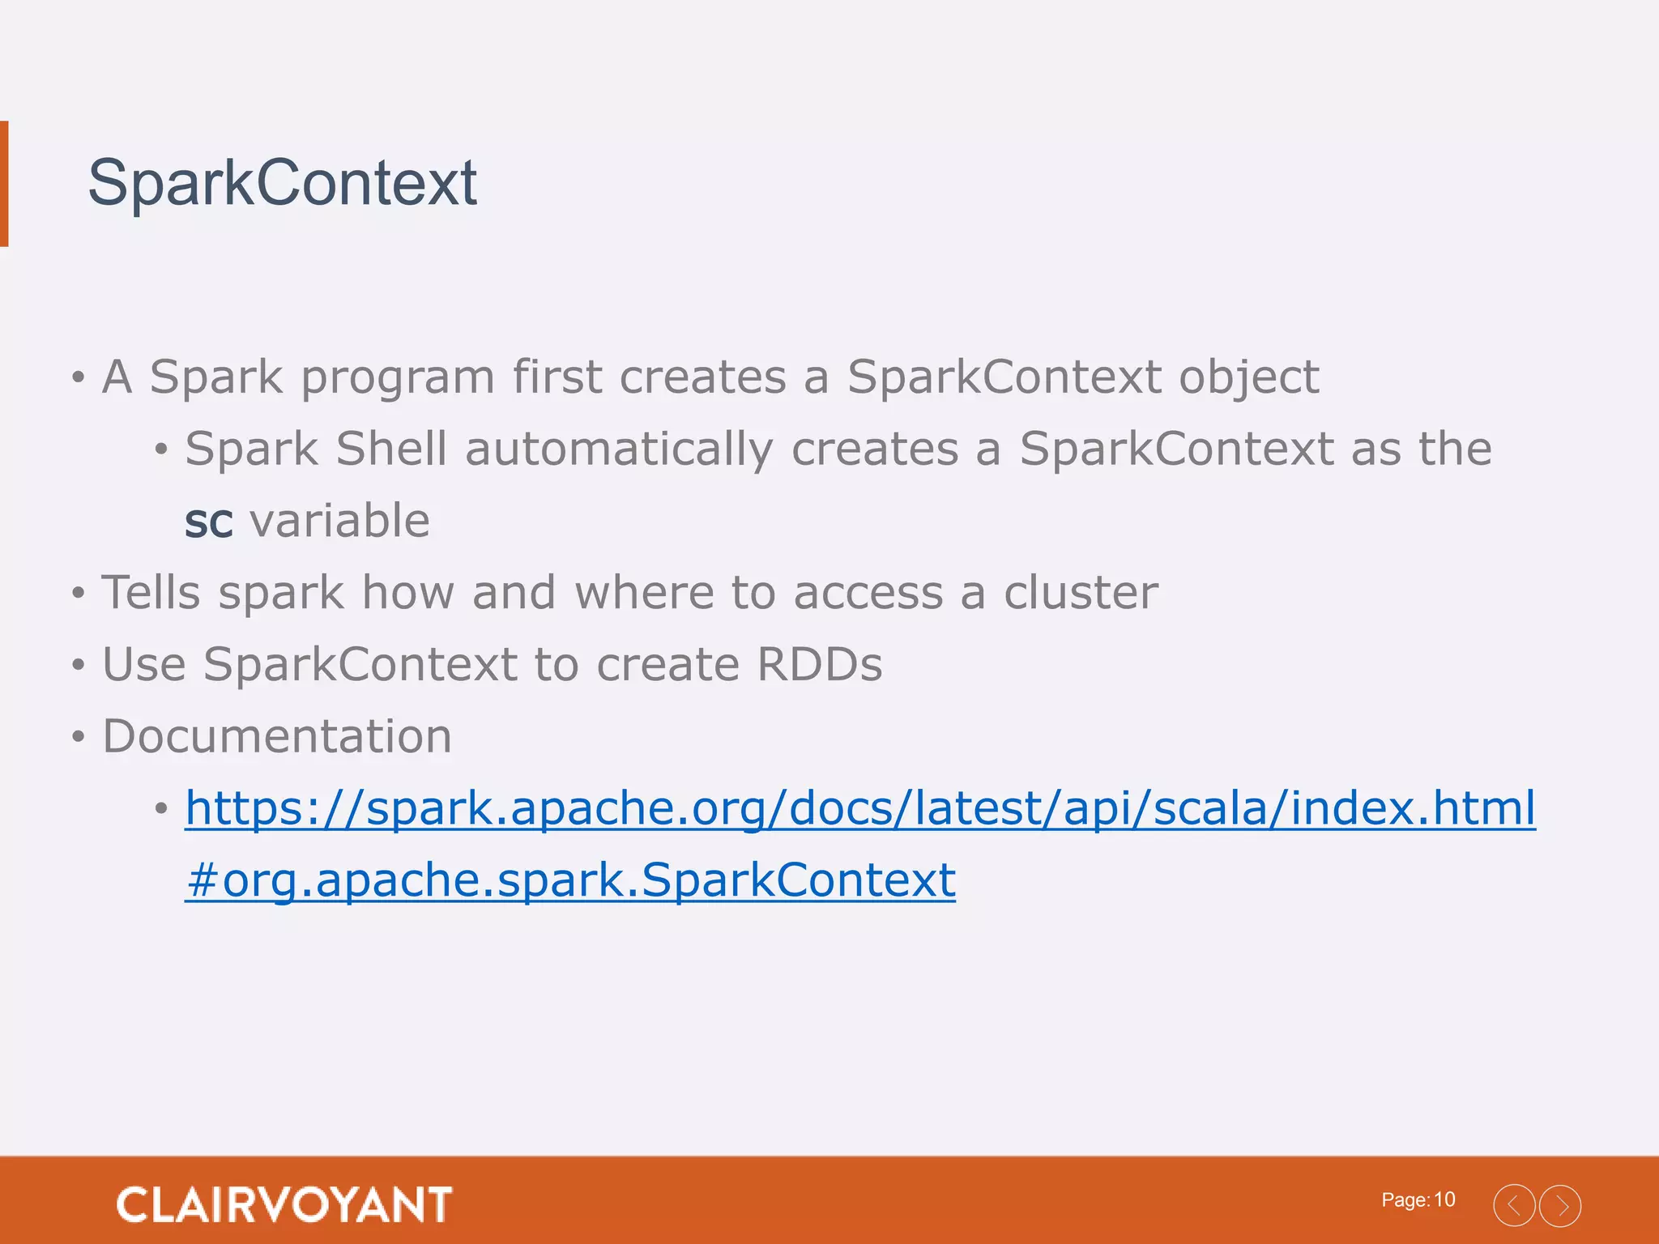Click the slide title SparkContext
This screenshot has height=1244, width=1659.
(282, 183)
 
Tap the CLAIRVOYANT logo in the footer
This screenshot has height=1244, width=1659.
(284, 1204)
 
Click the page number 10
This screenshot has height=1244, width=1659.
(1444, 1199)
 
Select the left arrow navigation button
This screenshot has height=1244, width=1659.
(1514, 1205)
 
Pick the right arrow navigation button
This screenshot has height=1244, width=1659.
(1560, 1205)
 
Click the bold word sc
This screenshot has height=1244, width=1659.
(208, 522)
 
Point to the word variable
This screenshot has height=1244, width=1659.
(340, 520)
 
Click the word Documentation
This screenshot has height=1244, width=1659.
(277, 736)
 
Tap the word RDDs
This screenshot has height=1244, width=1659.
(819, 664)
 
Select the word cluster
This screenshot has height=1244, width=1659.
(1081, 592)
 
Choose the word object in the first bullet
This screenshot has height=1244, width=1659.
(1248, 377)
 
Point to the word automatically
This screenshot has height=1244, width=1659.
(619, 449)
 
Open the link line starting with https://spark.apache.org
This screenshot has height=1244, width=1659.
(860, 807)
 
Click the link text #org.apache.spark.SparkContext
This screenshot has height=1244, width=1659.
(570, 880)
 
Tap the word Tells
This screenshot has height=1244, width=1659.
(151, 592)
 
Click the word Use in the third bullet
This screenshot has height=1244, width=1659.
(143, 664)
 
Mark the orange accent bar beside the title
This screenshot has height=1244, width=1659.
(4, 183)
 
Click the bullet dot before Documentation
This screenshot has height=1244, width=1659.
(78, 738)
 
